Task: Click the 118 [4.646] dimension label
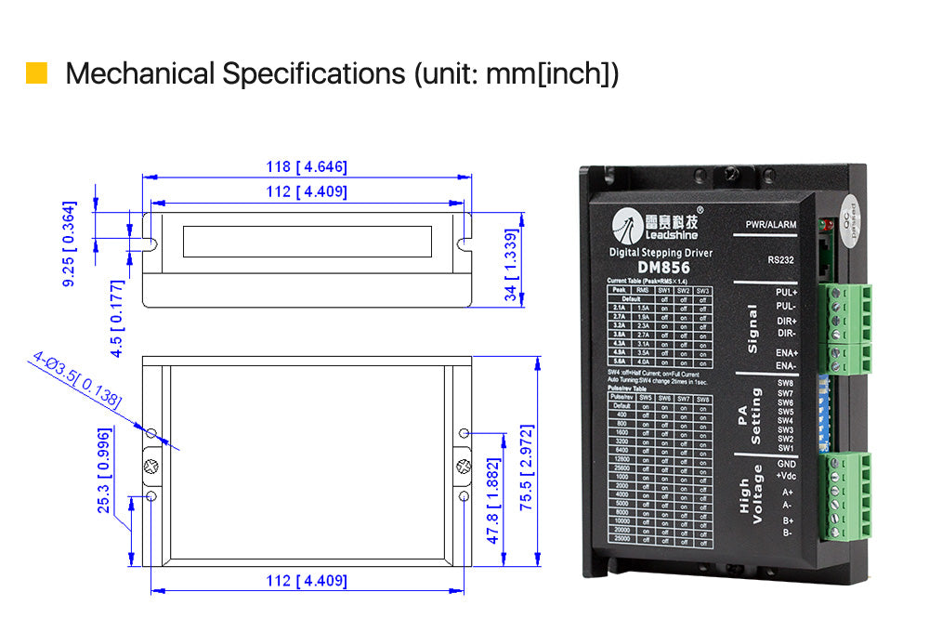click(x=306, y=167)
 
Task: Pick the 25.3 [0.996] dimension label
click(x=105, y=470)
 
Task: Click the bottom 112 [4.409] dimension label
click(x=306, y=581)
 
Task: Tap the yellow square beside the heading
click(x=36, y=73)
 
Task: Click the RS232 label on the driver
click(x=781, y=260)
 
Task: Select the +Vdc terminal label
click(x=786, y=476)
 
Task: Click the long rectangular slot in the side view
click(x=307, y=242)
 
